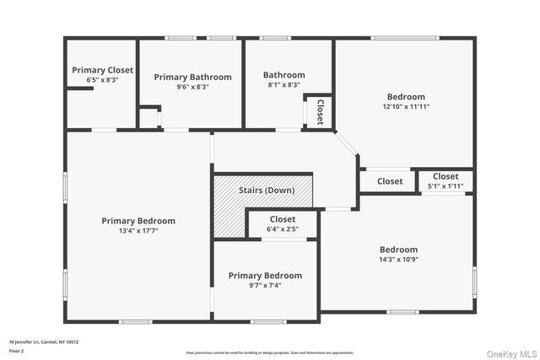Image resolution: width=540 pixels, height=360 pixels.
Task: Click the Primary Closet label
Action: (102, 70)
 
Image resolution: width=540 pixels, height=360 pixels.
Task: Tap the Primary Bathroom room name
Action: (192, 77)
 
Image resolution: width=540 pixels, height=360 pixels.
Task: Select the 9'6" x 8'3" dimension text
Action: (192, 87)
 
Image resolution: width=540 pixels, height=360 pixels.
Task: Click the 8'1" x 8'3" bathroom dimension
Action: (283, 84)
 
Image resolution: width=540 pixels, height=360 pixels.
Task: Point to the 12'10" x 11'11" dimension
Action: (406, 107)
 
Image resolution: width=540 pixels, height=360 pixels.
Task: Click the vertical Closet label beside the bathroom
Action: (320, 111)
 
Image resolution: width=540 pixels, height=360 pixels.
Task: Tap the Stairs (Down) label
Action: (266, 191)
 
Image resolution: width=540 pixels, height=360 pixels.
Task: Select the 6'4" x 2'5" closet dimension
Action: (283, 228)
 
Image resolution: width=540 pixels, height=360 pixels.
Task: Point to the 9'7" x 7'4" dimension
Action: (265, 286)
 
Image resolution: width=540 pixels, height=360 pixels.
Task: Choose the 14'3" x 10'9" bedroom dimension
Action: (398, 260)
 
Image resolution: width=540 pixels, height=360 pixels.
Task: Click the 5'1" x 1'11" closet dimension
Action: (445, 186)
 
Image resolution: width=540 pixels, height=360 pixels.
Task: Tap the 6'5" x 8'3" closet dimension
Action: (102, 80)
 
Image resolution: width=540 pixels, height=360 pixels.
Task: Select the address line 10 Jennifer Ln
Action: (43, 341)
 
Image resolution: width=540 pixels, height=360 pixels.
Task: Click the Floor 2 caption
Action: (17, 350)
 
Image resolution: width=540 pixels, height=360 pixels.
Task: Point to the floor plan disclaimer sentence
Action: (270, 352)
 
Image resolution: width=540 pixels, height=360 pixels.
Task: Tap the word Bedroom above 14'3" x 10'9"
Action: (398, 250)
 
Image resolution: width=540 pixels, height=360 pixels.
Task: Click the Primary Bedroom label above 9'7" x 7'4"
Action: (265, 276)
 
